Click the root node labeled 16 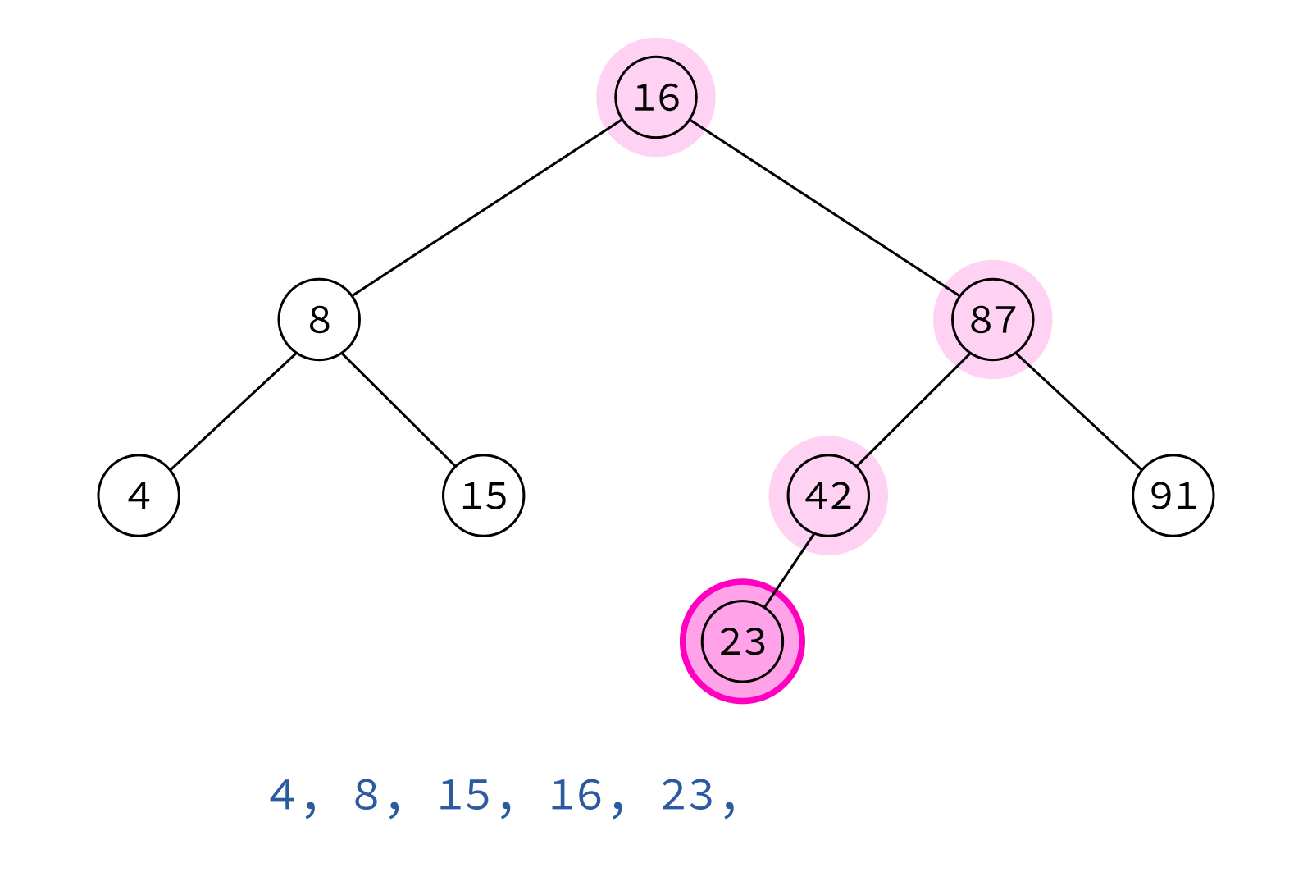tap(656, 98)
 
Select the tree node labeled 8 tap(319, 319)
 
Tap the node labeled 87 tap(993, 319)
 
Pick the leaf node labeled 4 tap(139, 496)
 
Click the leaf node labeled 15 tap(483, 496)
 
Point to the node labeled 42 tap(828, 496)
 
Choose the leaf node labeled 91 tap(1173, 496)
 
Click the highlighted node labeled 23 tap(742, 641)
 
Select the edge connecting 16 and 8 tap(487, 208)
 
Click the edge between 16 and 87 tap(825, 208)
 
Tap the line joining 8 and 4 tap(233, 412)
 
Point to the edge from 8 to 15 tap(399, 410)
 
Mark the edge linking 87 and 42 tap(913, 410)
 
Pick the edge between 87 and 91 tap(1079, 412)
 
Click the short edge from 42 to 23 tap(789, 571)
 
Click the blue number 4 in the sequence tap(281, 796)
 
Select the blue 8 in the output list tap(366, 796)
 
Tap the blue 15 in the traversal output tap(464, 796)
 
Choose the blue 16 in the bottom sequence tap(576, 796)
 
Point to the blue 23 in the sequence tap(687, 796)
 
